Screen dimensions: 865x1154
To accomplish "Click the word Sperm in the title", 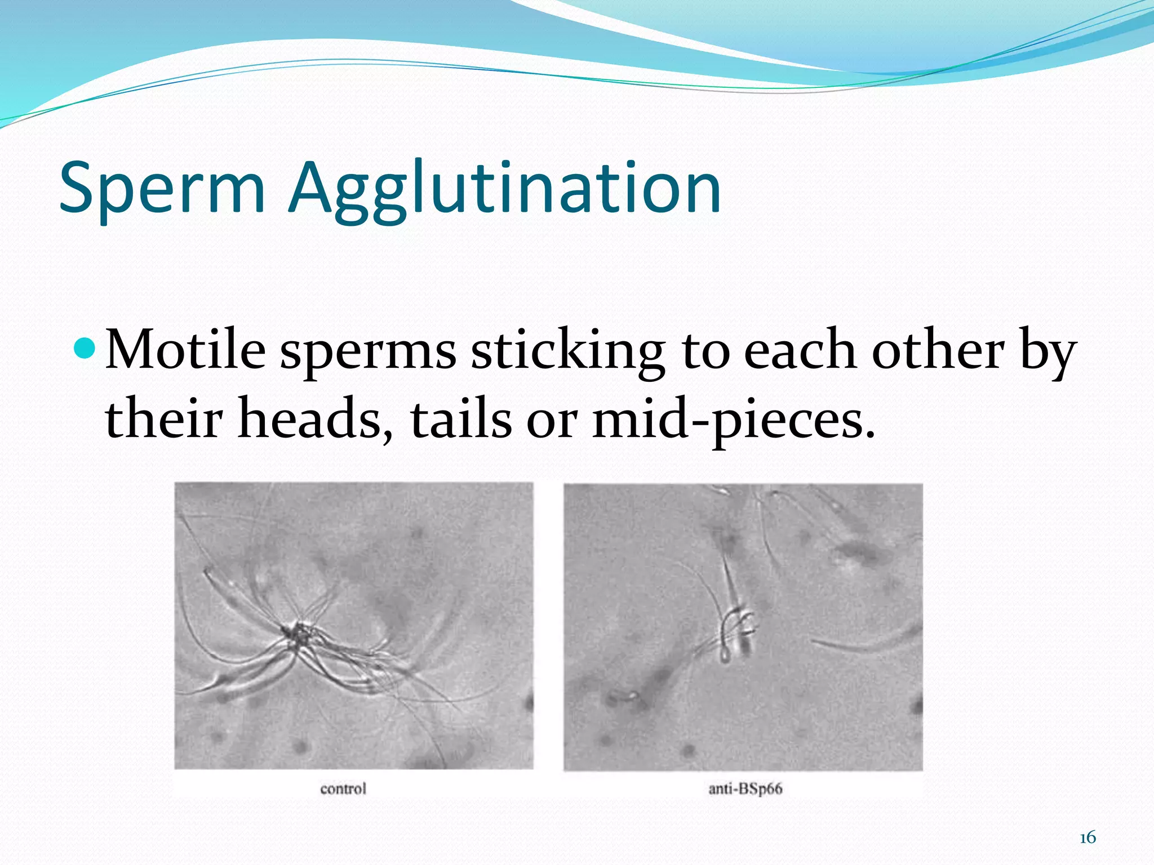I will [x=162, y=189].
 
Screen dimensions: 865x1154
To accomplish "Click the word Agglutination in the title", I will [x=505, y=189].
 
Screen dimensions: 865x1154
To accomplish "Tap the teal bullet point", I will [x=85, y=349].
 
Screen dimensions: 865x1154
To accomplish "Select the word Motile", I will [x=185, y=351].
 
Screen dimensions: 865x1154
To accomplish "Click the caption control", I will [x=343, y=788].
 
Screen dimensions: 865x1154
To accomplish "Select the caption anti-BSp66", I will [x=745, y=788].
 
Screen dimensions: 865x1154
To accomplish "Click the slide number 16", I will [x=1088, y=838].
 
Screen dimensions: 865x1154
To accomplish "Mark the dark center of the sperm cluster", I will [x=297, y=634].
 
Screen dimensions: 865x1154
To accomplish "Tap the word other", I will [x=938, y=351].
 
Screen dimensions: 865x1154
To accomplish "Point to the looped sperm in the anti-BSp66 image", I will [x=735, y=631].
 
